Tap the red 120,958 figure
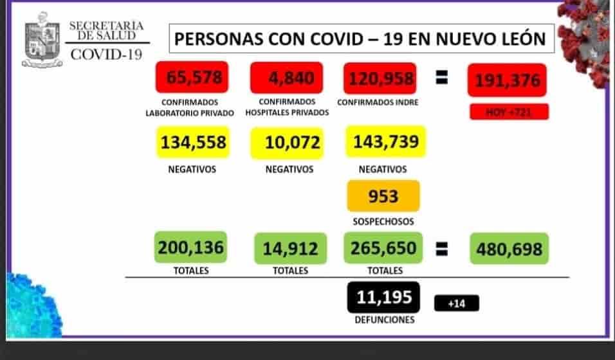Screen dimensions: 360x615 click(x=381, y=78)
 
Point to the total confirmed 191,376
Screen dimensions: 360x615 click(x=508, y=80)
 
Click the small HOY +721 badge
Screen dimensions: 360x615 click(x=509, y=112)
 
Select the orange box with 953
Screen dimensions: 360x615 click(x=383, y=196)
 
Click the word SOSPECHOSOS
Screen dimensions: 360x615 click(x=383, y=222)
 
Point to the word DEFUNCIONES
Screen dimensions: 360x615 click(x=383, y=319)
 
